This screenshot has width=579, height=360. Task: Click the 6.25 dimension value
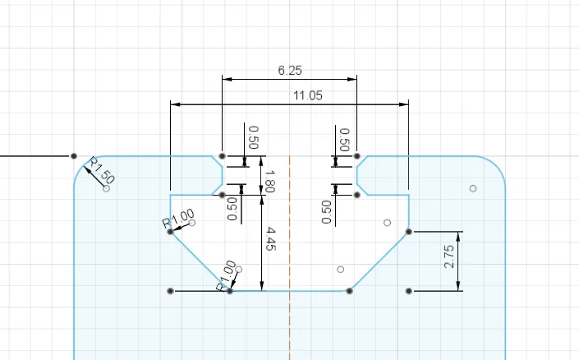click(290, 72)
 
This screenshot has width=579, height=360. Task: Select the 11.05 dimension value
click(308, 96)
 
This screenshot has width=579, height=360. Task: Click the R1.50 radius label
click(103, 168)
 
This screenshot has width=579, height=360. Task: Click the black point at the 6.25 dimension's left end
click(223, 155)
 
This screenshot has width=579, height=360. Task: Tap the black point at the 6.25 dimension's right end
click(357, 155)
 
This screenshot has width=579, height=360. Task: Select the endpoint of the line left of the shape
click(74, 155)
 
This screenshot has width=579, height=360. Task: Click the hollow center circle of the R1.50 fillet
click(107, 188)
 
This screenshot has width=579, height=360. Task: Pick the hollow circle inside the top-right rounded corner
click(473, 188)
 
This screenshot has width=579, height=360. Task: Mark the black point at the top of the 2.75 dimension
click(409, 232)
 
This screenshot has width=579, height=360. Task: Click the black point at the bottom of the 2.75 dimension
click(409, 291)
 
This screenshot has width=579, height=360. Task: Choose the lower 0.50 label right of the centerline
click(327, 211)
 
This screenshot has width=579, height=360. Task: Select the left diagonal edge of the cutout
click(200, 261)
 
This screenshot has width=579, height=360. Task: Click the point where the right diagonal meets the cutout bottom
click(350, 291)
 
